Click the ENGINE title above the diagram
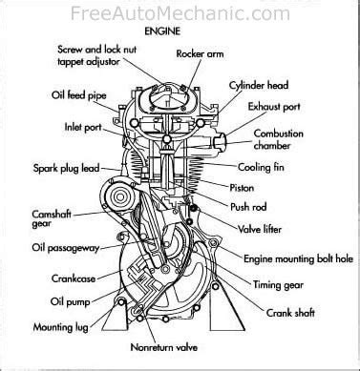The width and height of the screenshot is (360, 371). point(162,31)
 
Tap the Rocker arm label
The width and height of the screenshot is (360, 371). point(200,53)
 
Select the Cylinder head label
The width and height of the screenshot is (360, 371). point(259,85)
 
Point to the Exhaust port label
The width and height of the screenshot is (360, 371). point(274,107)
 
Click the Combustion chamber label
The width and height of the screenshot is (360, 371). point(278,139)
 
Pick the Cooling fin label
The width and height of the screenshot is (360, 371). point(261,167)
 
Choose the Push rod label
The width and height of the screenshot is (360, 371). point(248,207)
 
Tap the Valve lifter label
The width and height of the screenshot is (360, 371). point(260,229)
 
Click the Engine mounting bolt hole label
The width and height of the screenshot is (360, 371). point(298,258)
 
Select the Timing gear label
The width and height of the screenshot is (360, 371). point(278,284)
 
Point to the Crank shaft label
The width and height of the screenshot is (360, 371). point(290,313)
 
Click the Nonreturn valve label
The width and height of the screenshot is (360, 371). point(164,347)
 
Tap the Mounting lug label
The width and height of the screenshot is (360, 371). point(61,327)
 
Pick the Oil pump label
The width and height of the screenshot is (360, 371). point(70,301)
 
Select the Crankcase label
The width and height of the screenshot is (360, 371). point(74,278)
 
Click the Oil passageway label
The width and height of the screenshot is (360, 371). point(66,248)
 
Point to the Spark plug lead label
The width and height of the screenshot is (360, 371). point(67,168)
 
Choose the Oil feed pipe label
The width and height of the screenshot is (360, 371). point(78,95)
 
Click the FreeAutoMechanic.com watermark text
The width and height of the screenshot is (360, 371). point(180,13)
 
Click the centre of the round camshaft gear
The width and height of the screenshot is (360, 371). point(119,197)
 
